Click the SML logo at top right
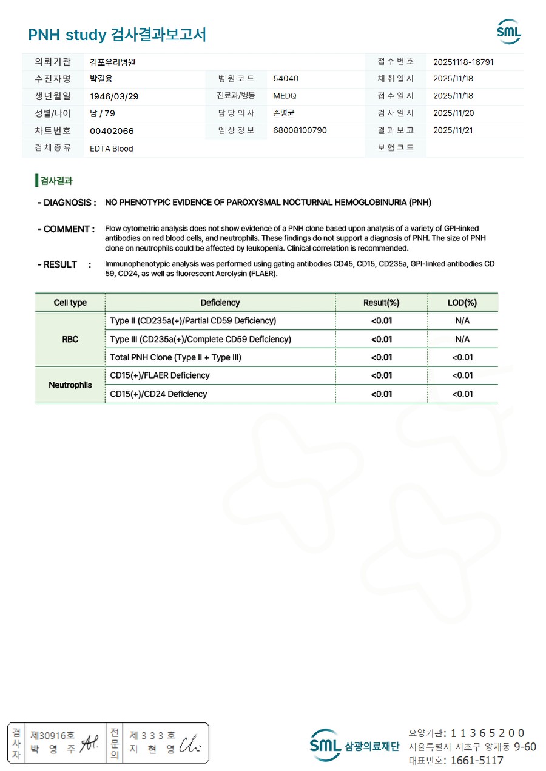[508, 32]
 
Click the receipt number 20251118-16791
[463, 62]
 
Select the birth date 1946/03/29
[112, 96]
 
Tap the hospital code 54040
[286, 79]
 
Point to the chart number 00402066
[112, 131]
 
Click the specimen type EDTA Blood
[111, 149]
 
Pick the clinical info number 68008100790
[300, 130]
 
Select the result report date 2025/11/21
[453, 130]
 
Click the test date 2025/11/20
[453, 113]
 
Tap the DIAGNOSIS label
[67, 203]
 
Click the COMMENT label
[66, 229]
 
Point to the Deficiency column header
[220, 303]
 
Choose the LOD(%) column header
[462, 303]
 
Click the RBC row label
[70, 339]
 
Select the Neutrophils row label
[70, 385]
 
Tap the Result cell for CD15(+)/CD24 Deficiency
[382, 394]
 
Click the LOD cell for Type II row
[462, 321]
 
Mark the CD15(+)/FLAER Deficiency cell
[160, 375]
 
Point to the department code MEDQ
[285, 96]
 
